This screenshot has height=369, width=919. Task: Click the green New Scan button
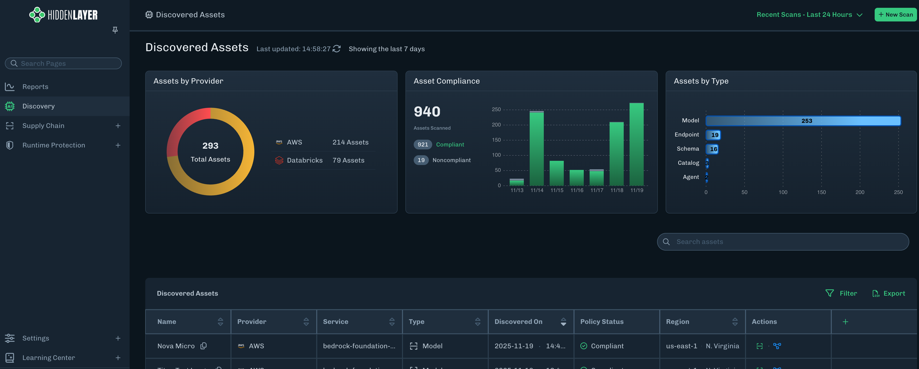click(x=895, y=15)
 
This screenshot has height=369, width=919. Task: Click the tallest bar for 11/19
click(x=636, y=145)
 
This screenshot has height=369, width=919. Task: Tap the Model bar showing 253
click(x=803, y=121)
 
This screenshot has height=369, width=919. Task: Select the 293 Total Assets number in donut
click(x=210, y=146)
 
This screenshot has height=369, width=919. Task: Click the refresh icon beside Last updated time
click(x=336, y=49)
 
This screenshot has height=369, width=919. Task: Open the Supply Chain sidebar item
click(x=43, y=126)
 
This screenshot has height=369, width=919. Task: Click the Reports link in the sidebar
click(x=35, y=87)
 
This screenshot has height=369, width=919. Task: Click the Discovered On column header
click(x=518, y=321)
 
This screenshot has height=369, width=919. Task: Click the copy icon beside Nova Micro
click(x=203, y=346)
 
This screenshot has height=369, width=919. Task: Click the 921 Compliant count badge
click(x=423, y=145)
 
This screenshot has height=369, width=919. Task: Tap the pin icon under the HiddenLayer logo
click(x=115, y=30)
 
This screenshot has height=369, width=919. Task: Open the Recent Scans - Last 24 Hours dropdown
click(x=809, y=15)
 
